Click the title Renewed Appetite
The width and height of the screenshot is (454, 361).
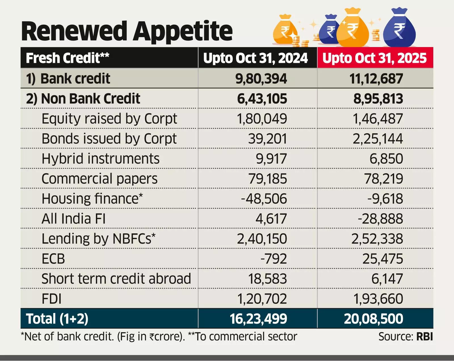click(127, 31)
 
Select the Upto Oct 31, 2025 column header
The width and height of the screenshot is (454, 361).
click(375, 58)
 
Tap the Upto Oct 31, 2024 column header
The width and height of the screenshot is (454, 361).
click(255, 58)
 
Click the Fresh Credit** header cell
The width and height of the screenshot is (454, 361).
click(68, 58)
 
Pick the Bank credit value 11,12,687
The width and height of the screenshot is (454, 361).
click(376, 79)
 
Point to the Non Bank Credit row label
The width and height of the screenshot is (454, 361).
click(83, 99)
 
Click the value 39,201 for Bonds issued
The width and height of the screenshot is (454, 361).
click(267, 139)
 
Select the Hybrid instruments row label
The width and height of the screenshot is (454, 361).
click(100, 159)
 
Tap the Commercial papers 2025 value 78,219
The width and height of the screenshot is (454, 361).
click(383, 179)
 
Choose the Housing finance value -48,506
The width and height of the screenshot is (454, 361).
click(264, 199)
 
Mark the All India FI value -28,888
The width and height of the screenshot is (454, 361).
click(380, 219)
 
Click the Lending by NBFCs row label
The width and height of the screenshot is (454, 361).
click(98, 238)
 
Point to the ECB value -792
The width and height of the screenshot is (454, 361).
click(274, 259)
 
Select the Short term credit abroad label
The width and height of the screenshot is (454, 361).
click(116, 278)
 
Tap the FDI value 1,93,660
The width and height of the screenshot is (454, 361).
click(378, 299)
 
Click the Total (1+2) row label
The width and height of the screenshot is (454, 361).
click(57, 319)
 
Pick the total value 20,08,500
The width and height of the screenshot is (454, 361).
click(373, 319)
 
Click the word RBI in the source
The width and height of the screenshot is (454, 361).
click(424, 337)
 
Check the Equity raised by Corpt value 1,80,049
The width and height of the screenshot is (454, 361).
click(262, 119)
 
